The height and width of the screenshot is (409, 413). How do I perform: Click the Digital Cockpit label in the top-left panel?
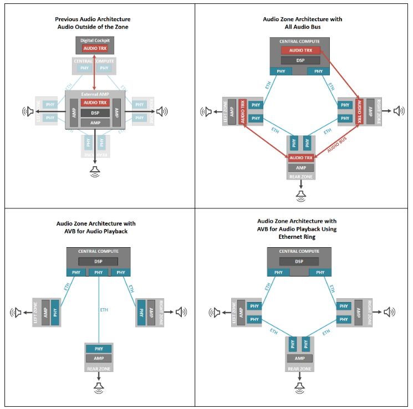pos(95,40)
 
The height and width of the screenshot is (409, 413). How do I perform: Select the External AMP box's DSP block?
pos(95,113)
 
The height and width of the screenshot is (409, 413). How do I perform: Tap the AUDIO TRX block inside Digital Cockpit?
pos(95,49)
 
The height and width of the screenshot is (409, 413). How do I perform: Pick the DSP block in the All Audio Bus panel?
pos(300,60)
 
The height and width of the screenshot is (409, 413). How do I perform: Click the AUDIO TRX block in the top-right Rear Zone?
pos(300,158)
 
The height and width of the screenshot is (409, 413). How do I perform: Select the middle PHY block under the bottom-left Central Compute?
pos(99,272)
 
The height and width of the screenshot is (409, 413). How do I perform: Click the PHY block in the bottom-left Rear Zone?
pos(99,349)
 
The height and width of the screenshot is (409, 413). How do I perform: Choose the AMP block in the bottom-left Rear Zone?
pos(99,359)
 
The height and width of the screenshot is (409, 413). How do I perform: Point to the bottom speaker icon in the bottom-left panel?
pos(99,386)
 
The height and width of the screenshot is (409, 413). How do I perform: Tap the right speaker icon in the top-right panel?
pos(397,111)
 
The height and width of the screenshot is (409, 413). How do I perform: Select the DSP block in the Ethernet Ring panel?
pos(300,262)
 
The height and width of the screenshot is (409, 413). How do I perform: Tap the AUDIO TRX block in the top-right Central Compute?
pos(300,50)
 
